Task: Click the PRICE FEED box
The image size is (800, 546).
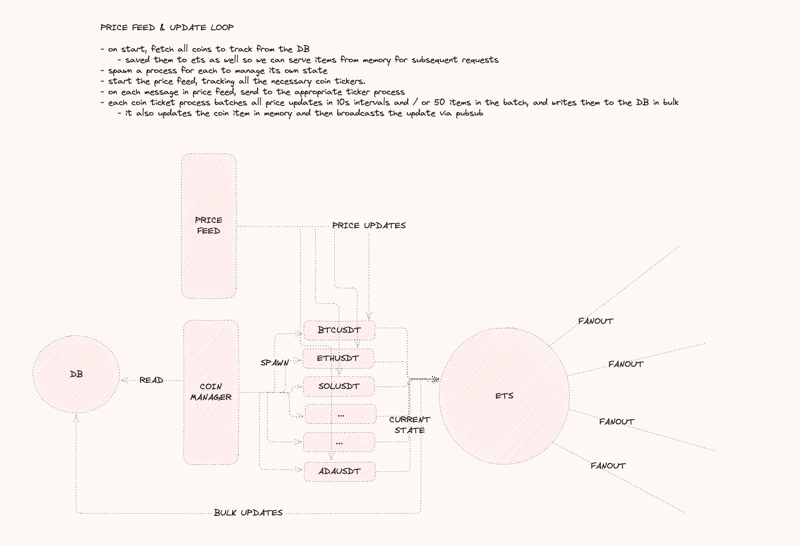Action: click(209, 226)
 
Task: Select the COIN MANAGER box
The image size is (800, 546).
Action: click(211, 392)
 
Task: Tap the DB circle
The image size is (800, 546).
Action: click(76, 374)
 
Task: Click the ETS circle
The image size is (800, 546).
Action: click(504, 396)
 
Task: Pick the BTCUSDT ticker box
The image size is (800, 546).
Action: click(339, 330)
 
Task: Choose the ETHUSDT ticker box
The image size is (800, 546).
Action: click(338, 358)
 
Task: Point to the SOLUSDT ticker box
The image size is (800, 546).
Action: click(339, 386)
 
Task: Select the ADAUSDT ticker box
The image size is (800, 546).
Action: click(340, 471)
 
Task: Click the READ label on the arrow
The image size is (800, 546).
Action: click(151, 380)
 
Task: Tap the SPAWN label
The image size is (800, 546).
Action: click(274, 363)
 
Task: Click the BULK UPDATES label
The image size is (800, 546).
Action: click(248, 513)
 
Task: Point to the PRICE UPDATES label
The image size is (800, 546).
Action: click(369, 226)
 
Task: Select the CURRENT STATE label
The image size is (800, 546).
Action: click(410, 425)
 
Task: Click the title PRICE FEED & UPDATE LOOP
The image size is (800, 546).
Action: click(167, 27)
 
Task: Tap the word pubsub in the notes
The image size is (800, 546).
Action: click(469, 113)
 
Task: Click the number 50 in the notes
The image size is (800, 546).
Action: click(439, 102)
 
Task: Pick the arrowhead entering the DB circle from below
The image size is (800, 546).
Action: click(76, 418)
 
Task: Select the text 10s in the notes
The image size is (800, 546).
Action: click(343, 102)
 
